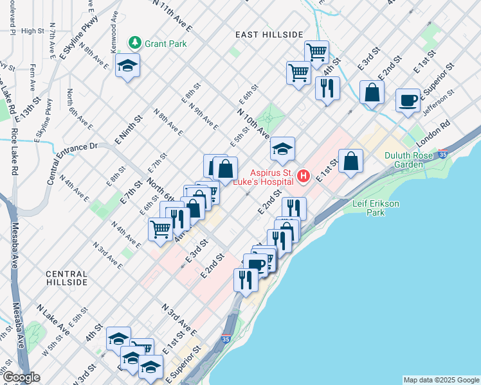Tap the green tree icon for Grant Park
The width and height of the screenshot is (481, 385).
(135, 44)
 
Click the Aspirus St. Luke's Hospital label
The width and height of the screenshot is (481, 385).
(272, 178)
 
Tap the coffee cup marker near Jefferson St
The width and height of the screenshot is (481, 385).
(408, 101)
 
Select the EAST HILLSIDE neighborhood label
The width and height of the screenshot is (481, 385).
(269, 34)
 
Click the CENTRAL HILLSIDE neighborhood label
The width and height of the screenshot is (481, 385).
(67, 278)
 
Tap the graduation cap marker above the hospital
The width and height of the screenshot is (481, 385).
(282, 150)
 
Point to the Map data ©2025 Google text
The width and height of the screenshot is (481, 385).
(441, 380)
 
